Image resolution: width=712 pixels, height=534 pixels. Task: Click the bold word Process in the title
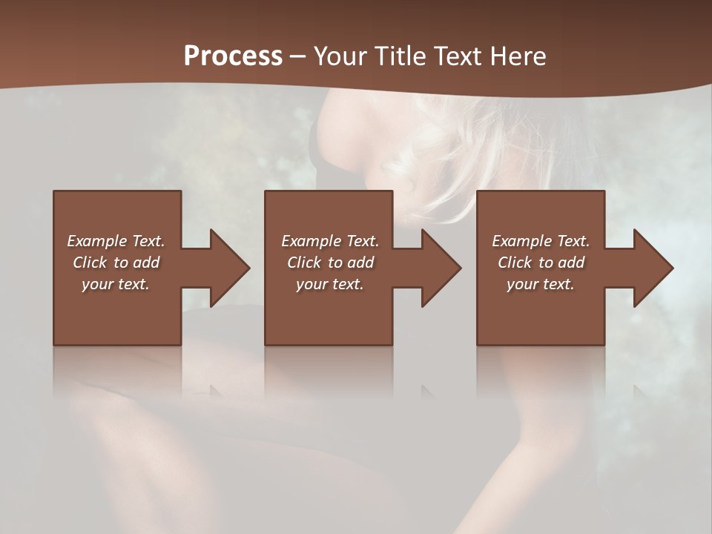click(233, 56)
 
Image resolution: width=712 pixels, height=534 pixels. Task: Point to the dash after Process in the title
click(297, 56)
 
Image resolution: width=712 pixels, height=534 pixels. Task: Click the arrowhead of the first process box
click(229, 268)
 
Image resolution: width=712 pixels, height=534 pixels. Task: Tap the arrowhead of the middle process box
click(441, 268)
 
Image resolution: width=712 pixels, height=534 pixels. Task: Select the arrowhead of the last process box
click(653, 268)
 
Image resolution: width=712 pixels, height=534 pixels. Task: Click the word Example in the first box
click(96, 241)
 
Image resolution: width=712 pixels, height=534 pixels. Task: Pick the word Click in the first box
click(90, 263)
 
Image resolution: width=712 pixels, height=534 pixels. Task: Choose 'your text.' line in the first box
click(116, 284)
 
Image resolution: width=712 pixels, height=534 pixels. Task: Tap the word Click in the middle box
click(304, 263)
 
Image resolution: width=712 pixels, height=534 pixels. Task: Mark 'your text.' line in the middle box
click(329, 284)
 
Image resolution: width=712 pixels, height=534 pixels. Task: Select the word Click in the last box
click(515, 263)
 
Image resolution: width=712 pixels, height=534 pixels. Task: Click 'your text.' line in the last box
click(541, 284)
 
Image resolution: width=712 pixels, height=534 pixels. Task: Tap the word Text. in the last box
click(573, 241)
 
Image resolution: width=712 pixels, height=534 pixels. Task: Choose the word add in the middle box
click(360, 263)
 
